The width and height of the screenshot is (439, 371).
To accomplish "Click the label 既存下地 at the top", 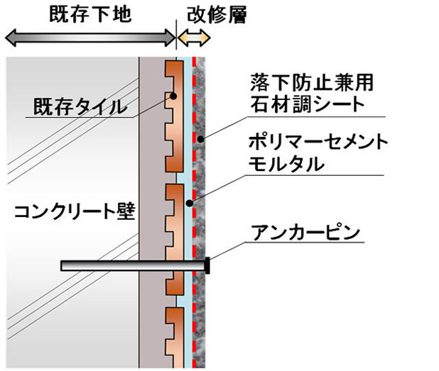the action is coord(90,14).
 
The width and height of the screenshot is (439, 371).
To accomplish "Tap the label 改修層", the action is coord(217,15).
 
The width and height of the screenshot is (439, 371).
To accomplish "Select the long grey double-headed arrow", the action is coord(90,38).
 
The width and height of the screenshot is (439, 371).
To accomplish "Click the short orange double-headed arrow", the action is coord(194,38).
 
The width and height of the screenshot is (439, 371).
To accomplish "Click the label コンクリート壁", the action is coord(75,211).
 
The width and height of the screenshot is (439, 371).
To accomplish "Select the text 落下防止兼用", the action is coord(312,82).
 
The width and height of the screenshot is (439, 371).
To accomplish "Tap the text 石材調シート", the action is coord(307,104).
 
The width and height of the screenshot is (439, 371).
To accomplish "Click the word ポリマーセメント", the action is coord(318,142).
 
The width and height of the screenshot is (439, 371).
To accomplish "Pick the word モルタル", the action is coord(286,164).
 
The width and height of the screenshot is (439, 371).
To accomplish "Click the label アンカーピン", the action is coord(305,233).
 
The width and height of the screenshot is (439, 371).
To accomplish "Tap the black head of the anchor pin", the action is coord(207,265).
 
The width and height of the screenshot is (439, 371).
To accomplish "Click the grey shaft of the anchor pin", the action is coord(133,265).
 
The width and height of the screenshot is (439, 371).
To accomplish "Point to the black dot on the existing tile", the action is coord(173,96).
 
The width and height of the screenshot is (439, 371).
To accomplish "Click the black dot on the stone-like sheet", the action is coord(201,138).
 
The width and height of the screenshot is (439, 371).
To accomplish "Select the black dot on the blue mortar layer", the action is coord(190,204).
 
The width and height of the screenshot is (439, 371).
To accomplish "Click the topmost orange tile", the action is coord(175,116).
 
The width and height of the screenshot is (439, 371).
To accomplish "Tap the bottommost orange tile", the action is coord(175,338).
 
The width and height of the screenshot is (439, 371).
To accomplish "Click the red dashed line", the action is coord(194,213).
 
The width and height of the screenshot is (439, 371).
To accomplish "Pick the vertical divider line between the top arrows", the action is coord(176,35).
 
